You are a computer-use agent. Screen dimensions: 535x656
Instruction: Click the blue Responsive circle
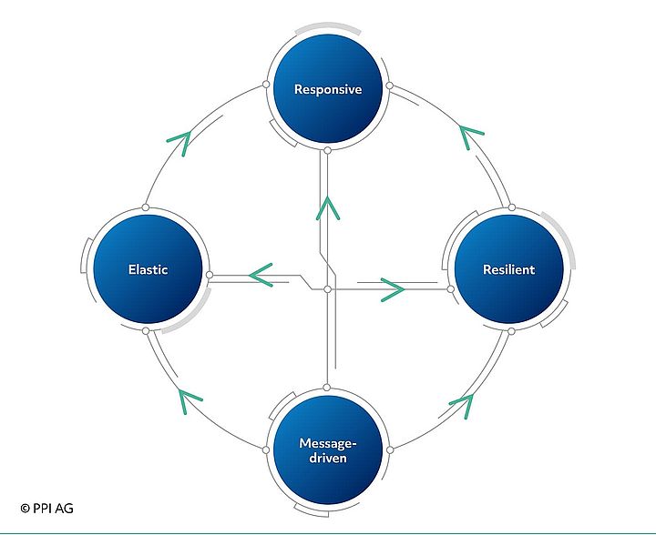[x=327, y=89]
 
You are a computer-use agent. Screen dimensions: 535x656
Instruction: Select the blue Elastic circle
[x=148, y=270]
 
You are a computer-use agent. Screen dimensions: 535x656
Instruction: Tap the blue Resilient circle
[x=507, y=270]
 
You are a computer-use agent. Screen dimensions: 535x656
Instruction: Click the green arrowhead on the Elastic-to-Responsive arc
[x=179, y=139]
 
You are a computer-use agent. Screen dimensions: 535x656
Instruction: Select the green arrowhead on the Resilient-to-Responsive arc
[x=470, y=137]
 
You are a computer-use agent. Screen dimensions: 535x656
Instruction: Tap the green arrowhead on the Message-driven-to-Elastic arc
[x=188, y=397]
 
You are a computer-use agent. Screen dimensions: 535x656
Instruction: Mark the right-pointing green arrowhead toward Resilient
[x=392, y=289]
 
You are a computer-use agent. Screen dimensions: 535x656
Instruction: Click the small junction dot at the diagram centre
[x=327, y=289]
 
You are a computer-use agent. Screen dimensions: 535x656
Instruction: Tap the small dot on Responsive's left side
[x=265, y=85]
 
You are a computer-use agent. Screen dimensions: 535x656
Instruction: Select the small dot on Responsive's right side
[x=389, y=86]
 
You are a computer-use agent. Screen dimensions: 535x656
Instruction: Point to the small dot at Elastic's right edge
[x=210, y=274]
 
